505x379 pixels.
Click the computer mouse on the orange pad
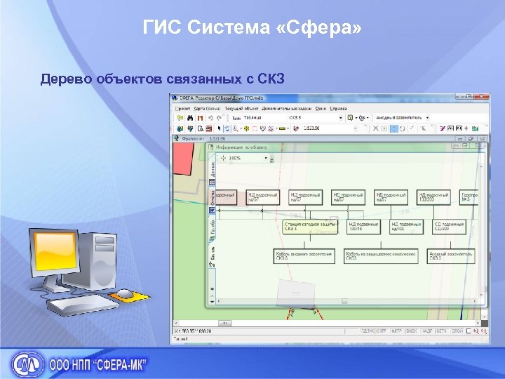pos(124,293)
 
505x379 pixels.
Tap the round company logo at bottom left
pos(26,364)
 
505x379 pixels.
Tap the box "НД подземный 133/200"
pos(433,197)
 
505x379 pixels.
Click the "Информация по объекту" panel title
pos(242,147)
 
